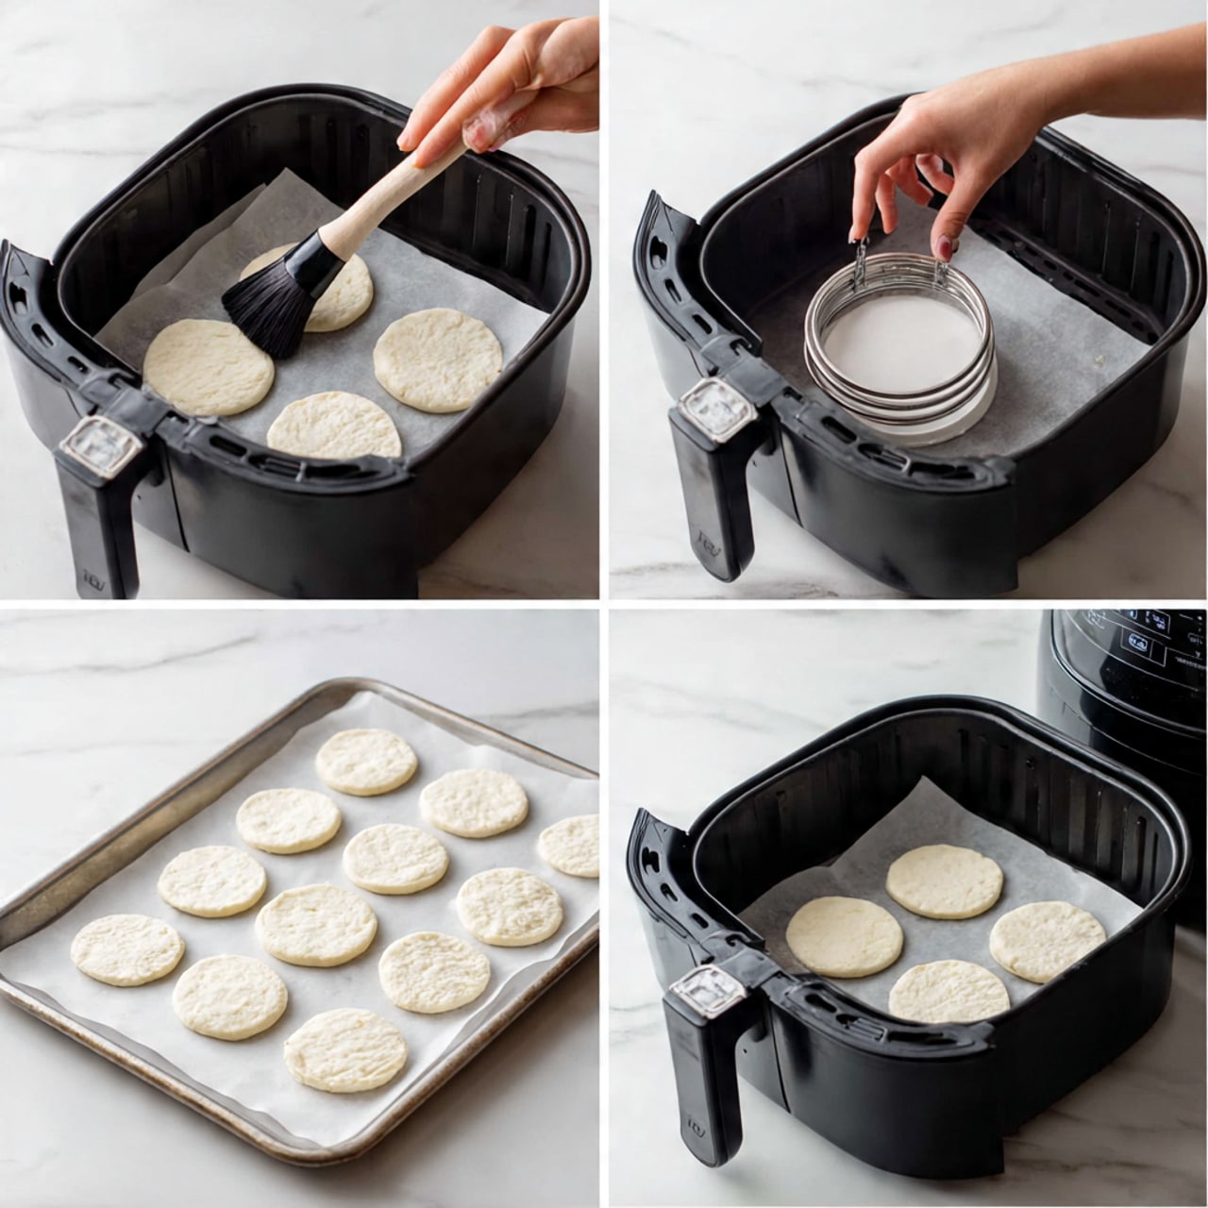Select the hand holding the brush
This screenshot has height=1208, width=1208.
pos(510,85)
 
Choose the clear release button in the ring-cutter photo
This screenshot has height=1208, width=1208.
pos(710,409)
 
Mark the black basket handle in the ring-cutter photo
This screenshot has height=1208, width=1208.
pos(713,500)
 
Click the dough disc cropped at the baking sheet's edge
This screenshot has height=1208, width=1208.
pos(572,845)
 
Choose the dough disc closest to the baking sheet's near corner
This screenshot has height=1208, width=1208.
pos(345,1049)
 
